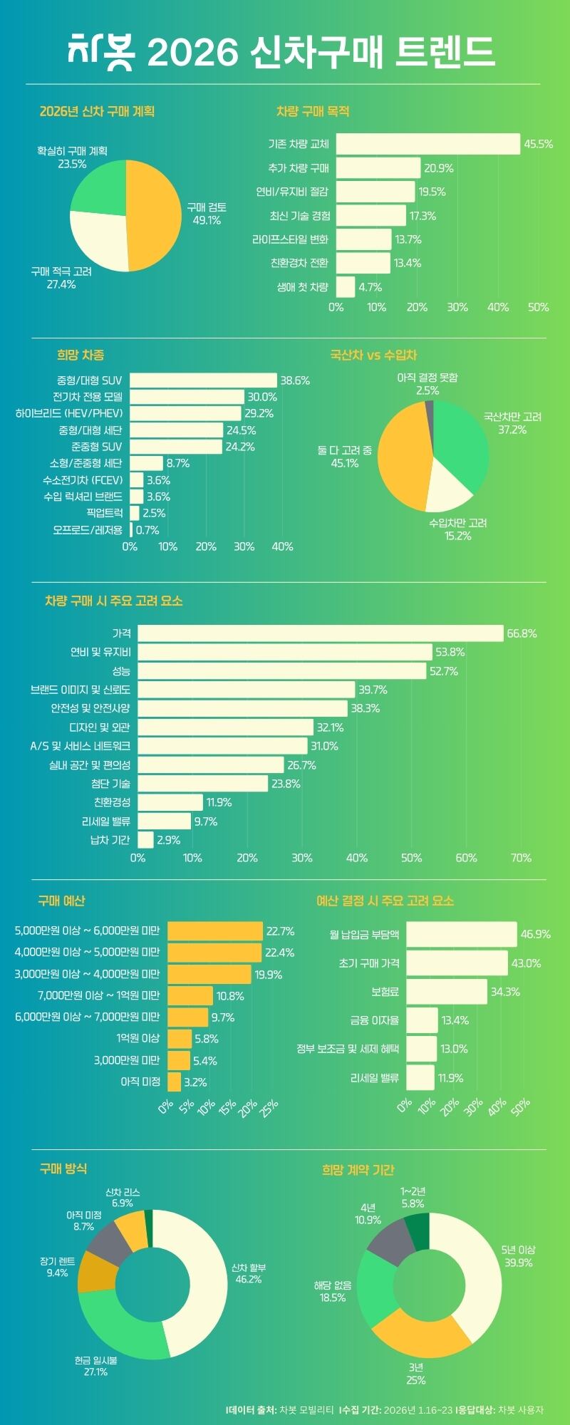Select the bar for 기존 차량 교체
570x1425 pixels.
tap(427, 144)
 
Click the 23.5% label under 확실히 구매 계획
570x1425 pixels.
tap(72, 164)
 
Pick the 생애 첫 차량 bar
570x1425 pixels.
tap(345, 287)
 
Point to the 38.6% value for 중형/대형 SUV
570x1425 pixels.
tap(295, 380)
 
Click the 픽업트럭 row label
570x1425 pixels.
tap(104, 513)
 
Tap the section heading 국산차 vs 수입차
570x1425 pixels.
tap(373, 355)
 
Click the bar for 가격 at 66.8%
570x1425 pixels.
tap(321, 633)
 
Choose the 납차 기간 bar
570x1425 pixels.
tap(145, 840)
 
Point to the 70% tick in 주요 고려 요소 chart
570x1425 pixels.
tap(521, 858)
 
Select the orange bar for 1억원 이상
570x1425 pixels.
tap(180, 1039)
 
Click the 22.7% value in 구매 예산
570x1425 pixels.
tap(280, 931)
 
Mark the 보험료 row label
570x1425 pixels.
tap(385, 992)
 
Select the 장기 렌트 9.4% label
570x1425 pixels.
tap(57, 1267)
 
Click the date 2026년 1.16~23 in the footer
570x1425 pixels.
tap(418, 1409)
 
